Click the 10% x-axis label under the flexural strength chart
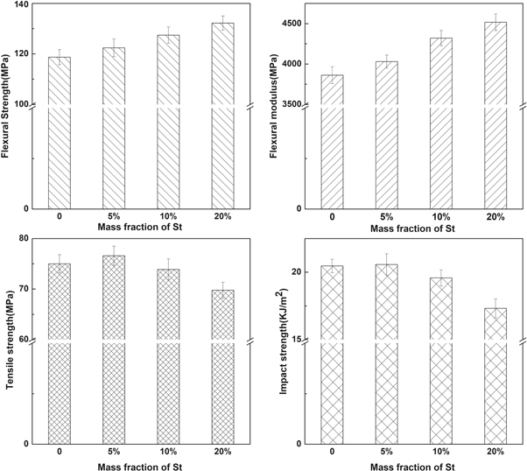[169, 215]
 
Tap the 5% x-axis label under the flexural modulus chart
[386, 215]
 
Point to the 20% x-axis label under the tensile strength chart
[223, 451]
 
